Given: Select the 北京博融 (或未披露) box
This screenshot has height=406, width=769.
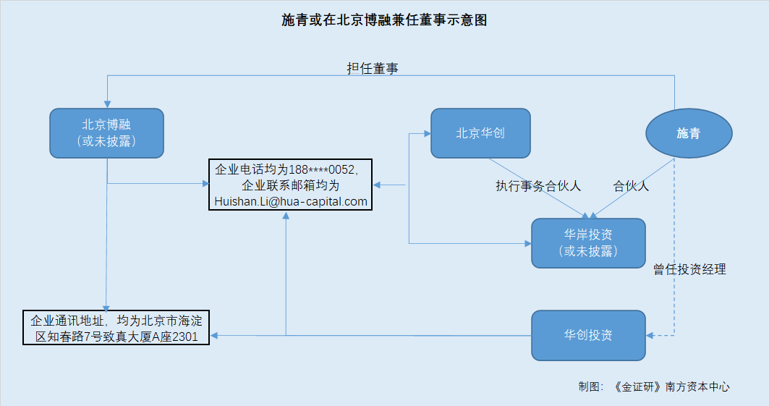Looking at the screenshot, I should pyautogui.click(x=106, y=133).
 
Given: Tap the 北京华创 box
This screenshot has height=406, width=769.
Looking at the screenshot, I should pyautogui.click(x=480, y=133).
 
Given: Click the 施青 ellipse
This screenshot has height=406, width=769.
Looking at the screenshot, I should pyautogui.click(x=689, y=133).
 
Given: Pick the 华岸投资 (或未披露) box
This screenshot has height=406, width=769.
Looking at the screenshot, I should pyautogui.click(x=587, y=243).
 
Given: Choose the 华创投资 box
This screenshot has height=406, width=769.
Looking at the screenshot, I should pyautogui.click(x=587, y=335).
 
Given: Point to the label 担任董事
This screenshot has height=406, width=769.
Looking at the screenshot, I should pyautogui.click(x=373, y=69).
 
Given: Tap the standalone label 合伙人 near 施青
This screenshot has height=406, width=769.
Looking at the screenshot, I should pyautogui.click(x=631, y=185).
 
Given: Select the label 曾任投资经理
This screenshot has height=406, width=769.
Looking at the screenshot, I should pyautogui.click(x=689, y=269).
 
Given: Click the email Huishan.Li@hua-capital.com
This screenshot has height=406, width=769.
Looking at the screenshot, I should pyautogui.click(x=291, y=201).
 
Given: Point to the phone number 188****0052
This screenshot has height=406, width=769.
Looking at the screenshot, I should pyautogui.click(x=322, y=170).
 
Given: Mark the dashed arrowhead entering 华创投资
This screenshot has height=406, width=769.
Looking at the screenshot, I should pyautogui.click(x=650, y=335).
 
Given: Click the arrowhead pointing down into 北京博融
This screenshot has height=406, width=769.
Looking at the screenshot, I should pyautogui.click(x=107, y=104).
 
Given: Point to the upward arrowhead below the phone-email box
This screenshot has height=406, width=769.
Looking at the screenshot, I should pyautogui.click(x=286, y=216).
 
